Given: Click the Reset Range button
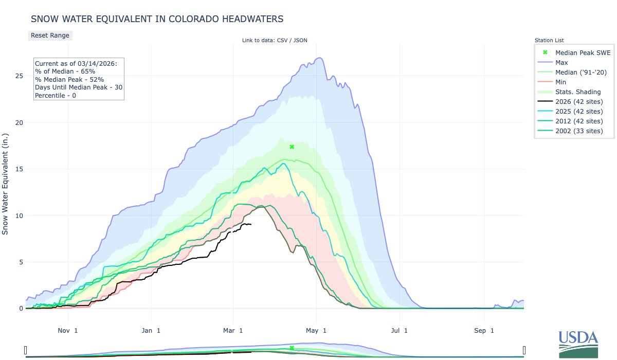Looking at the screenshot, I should pyautogui.click(x=50, y=35).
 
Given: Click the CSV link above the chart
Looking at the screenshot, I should pyautogui.click(x=281, y=40).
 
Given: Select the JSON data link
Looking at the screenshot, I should pyautogui.click(x=299, y=40).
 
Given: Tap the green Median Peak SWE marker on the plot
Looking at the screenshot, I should pyautogui.click(x=292, y=147).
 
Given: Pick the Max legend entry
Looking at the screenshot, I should pyautogui.click(x=561, y=62).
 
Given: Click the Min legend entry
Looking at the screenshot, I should pyautogui.click(x=561, y=82).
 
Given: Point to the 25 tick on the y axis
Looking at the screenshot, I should pyautogui.click(x=19, y=76).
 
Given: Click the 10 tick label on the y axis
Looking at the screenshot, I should pyautogui.click(x=19, y=215).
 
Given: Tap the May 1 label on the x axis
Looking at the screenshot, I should pyautogui.click(x=317, y=330).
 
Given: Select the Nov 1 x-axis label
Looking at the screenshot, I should pyautogui.click(x=68, y=330).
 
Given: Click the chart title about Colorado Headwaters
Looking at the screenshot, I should pyautogui.click(x=157, y=19).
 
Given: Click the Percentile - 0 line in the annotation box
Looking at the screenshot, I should pyautogui.click(x=56, y=95).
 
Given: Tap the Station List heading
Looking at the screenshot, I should pyautogui.click(x=549, y=40).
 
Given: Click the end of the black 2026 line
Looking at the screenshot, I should pyautogui.click(x=251, y=224).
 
